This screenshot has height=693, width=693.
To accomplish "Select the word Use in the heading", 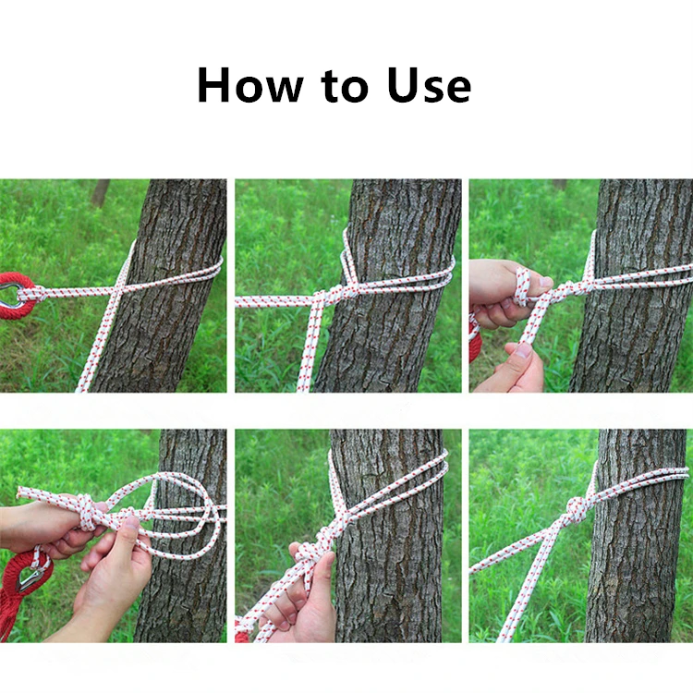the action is [429, 85].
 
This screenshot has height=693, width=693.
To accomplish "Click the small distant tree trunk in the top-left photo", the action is [101, 192].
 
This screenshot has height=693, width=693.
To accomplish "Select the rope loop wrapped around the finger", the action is [522, 287].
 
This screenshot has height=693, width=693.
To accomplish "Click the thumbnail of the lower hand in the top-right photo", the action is [524, 350].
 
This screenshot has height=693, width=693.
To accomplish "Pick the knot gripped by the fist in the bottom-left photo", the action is [87, 512].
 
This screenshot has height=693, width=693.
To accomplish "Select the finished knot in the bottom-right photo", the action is [577, 509].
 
